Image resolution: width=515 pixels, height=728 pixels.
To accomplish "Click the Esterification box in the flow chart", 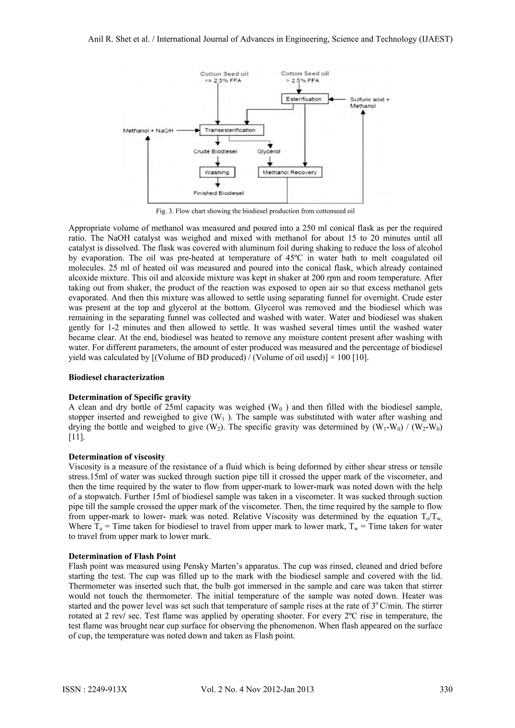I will [x=305, y=99].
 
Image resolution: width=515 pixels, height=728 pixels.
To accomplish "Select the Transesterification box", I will [x=232, y=130].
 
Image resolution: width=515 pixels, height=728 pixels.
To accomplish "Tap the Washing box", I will [x=217, y=172].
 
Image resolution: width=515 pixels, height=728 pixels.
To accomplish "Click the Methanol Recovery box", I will [x=290, y=172].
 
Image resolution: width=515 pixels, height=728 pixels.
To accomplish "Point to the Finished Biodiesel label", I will [x=219, y=193].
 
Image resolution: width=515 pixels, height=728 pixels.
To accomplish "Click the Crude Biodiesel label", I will [x=215, y=152].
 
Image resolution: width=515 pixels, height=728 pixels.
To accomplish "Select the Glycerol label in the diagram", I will [x=269, y=152].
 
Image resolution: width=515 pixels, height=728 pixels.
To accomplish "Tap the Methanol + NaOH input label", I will [x=148, y=130].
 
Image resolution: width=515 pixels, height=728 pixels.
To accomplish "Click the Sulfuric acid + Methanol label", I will [x=369, y=103].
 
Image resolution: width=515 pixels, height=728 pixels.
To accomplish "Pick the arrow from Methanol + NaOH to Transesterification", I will [x=187, y=130].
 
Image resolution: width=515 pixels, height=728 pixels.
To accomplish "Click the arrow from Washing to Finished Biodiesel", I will [x=217, y=183].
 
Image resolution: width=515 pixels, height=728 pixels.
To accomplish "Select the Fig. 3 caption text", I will [x=255, y=211].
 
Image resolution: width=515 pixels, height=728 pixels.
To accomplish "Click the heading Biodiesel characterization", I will [x=116, y=377].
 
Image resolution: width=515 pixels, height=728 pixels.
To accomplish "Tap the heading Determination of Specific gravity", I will [x=130, y=397].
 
